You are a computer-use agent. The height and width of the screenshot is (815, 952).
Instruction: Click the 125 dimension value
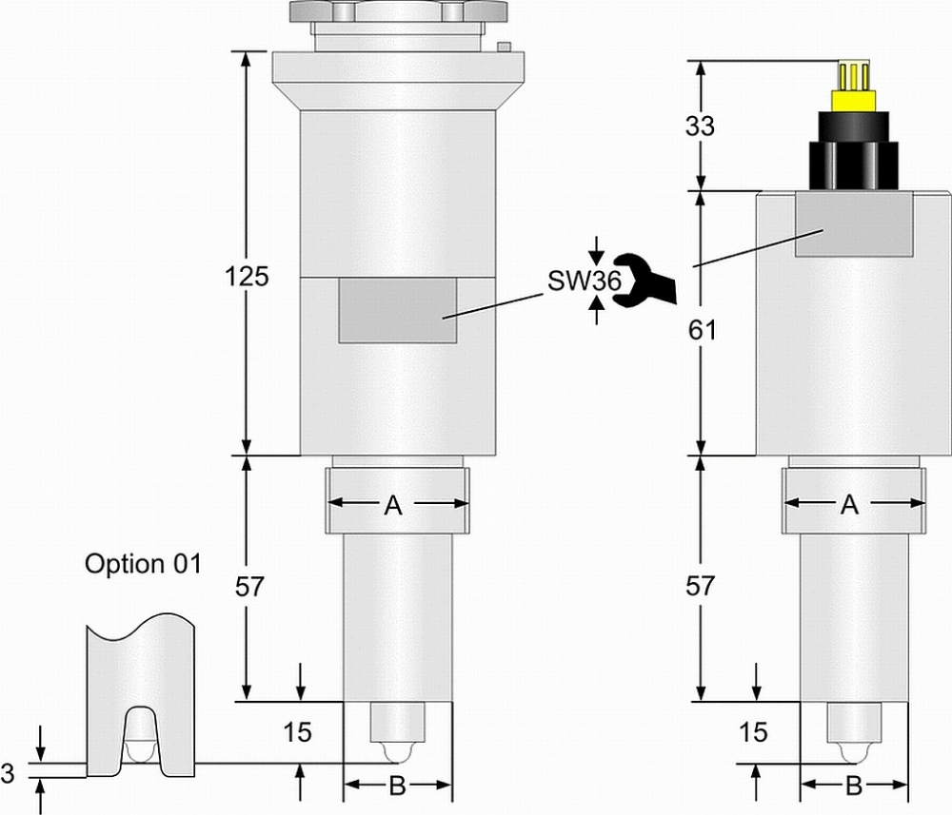[247, 278]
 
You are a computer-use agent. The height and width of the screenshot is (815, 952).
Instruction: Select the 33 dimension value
[700, 126]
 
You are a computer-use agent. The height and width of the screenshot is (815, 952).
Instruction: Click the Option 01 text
[143, 563]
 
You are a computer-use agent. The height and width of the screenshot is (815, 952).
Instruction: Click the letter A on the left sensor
[393, 507]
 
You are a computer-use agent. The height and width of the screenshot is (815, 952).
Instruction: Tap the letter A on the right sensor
[850, 507]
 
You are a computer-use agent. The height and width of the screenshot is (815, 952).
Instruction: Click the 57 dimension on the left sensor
[247, 587]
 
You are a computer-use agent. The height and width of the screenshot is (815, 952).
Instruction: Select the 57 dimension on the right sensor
[700, 587]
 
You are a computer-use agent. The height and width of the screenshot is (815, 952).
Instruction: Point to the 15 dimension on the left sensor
[298, 732]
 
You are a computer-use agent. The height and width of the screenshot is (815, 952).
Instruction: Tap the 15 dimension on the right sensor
[753, 732]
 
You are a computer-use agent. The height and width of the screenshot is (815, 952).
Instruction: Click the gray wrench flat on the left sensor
[397, 310]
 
